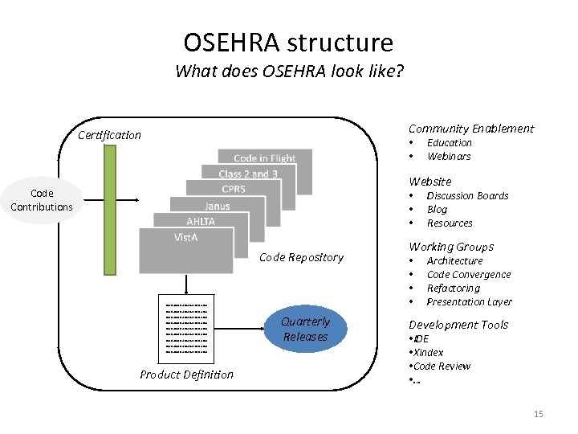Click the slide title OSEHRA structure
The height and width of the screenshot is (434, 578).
pos(288,42)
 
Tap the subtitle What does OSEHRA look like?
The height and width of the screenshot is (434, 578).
pos(289,71)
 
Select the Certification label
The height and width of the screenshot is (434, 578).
pos(109,135)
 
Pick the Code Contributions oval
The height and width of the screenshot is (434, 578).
pos(42,200)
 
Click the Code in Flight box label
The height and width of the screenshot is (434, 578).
pos(265,158)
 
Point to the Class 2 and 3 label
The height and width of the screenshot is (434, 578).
pos(248,174)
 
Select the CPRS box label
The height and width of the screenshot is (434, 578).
pos(233,189)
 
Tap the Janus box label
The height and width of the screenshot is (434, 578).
pos(217,206)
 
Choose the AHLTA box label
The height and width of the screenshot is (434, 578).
pos(201,221)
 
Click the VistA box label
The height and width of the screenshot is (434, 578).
pos(186,237)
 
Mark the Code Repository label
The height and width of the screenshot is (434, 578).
pos(301,257)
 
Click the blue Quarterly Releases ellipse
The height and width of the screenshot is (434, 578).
pos(305,330)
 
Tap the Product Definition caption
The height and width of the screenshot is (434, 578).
pos(186,375)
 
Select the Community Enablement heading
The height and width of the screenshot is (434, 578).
pos(471,129)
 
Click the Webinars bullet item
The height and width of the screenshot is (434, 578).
pos(449,156)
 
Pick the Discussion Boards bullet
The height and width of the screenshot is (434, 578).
pos(467,195)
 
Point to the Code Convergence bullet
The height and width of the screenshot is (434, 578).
pos(469,274)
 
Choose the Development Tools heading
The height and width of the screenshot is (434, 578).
pos(458,325)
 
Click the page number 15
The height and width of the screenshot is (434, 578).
pos(538,414)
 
